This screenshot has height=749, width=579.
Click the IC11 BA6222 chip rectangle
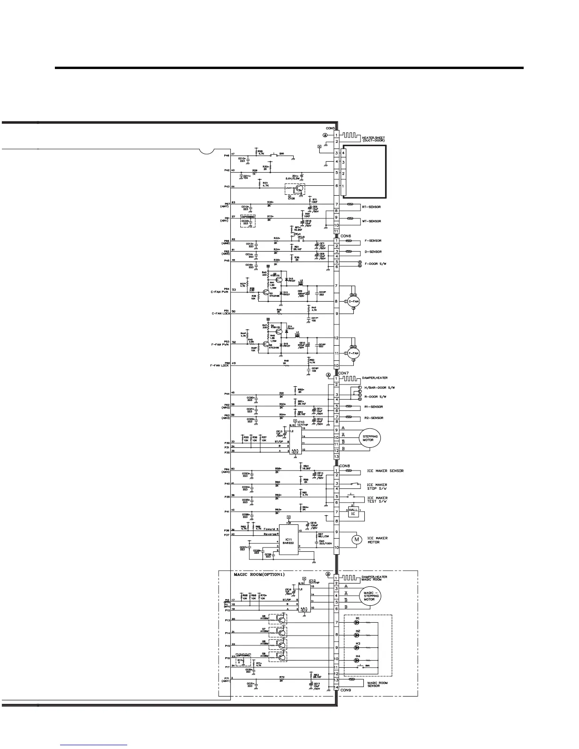pos(288,540)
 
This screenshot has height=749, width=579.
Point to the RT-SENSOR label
pos(371,207)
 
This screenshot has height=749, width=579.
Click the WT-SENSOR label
pos(371,221)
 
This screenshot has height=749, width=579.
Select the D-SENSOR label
pos(373,252)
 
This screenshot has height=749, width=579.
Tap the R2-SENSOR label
pos(374,418)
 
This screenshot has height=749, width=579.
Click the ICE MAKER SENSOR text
pos(385,471)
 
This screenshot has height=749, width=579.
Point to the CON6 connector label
pos(346,236)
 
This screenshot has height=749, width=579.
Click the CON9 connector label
pos(346,690)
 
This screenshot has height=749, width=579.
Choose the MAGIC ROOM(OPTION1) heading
pos(263,575)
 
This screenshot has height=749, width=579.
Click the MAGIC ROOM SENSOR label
pos(377,684)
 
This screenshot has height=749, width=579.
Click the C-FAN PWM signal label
pos(219,292)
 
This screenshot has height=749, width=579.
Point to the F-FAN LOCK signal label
pos(219,366)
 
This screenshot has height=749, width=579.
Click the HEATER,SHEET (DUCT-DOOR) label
pos(374,139)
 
